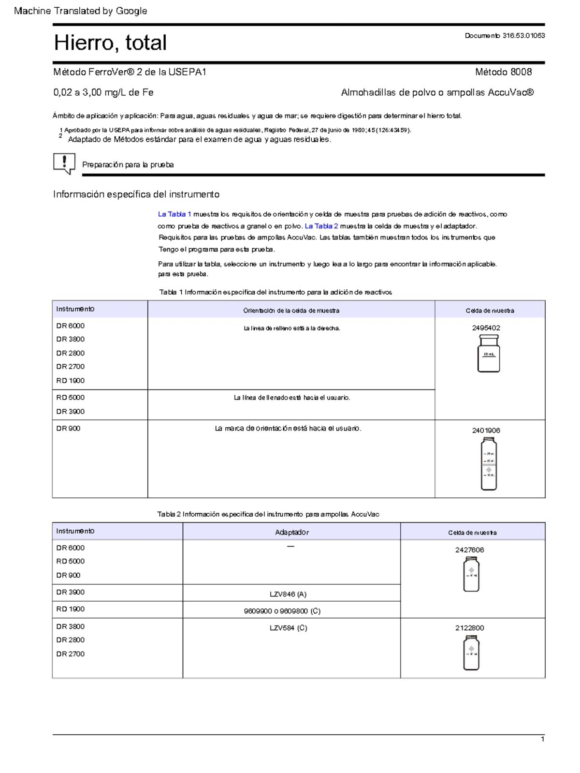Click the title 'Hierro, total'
pos(110,43)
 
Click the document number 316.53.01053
pos(505,35)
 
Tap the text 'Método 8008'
pos(503,72)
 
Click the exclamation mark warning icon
pos(64,164)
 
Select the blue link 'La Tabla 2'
pos(321,226)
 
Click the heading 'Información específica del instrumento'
pos(136,194)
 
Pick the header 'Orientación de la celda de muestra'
pos(291,311)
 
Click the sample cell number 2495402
pos(486,327)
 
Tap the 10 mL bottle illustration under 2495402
pos(488,354)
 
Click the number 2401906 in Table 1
pos(486,430)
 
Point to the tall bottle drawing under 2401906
pos(489,464)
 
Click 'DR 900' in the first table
pos(68,428)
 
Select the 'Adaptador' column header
pos(291,532)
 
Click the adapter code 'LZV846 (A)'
pos(288,594)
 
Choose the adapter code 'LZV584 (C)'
pos(288,628)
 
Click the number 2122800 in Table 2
pos(469,628)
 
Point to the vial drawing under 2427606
pos(471,574)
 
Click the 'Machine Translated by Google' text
pos(80,11)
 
